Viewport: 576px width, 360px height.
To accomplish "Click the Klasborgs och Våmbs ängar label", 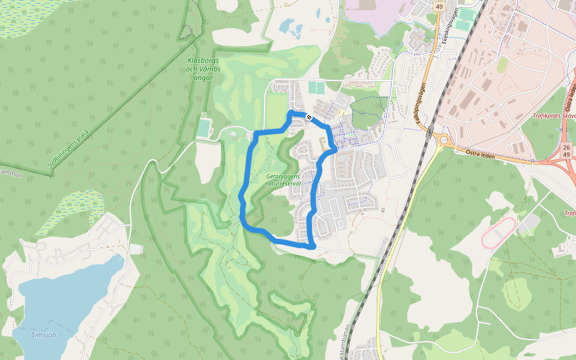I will (x=204, y=69).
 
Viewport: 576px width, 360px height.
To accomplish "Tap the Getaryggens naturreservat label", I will (x=283, y=181).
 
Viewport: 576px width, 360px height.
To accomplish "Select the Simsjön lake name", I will (x=43, y=335).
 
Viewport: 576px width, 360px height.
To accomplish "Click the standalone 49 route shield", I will (x=439, y=7).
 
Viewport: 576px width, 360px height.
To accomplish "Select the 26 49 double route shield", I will (x=566, y=151).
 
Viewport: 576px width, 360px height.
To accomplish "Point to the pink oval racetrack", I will (x=499, y=233).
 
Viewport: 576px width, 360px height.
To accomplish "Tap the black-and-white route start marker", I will (x=309, y=117).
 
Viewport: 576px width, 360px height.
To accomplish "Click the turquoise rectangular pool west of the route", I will (x=205, y=128).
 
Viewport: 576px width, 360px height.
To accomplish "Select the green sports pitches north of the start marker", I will (x=316, y=88).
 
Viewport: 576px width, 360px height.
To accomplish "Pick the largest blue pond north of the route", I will (x=287, y=26).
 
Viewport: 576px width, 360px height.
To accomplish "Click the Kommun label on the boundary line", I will (x=10, y=174).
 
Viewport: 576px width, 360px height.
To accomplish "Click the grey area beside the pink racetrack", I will (x=528, y=225).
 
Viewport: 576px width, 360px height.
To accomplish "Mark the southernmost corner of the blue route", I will (x=311, y=246).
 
